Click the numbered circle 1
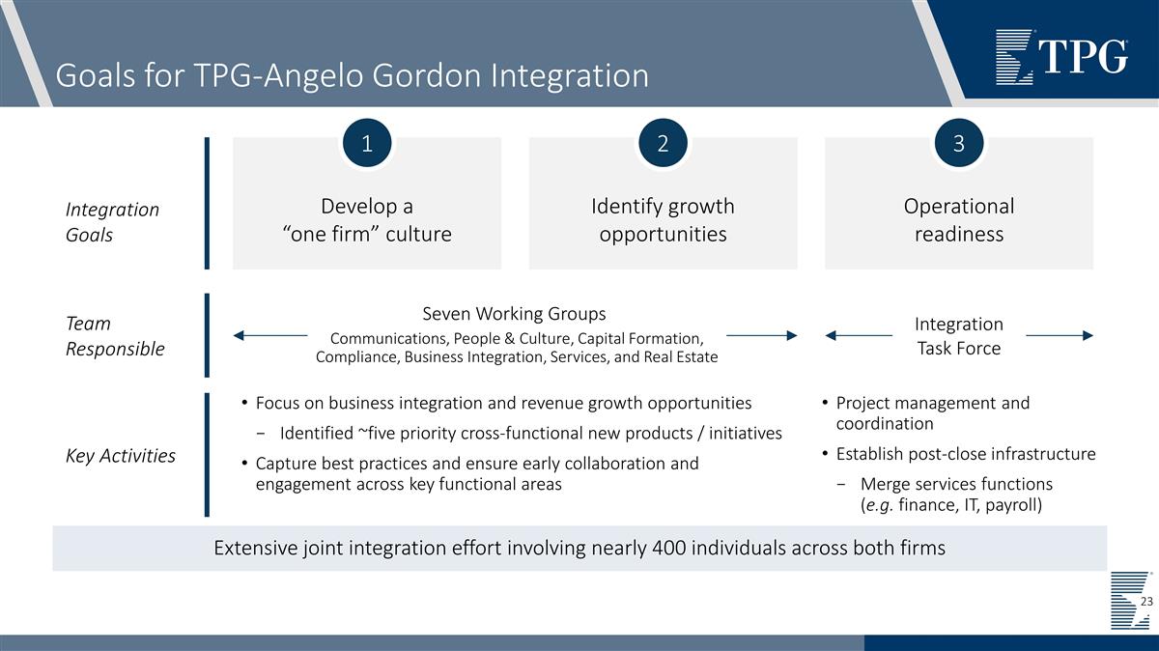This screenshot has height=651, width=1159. coord(367,143)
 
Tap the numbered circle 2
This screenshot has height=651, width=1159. coord(663,143)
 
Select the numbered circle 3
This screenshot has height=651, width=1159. coord(958,143)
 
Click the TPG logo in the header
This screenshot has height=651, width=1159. coord(1061,56)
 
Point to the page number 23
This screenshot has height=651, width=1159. coord(1146,602)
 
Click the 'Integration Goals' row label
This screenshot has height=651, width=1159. coord(112,222)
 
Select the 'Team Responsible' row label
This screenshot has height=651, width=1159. coord(115,336)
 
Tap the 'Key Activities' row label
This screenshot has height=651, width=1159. coord(120,456)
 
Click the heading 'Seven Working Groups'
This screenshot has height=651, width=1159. coord(514,314)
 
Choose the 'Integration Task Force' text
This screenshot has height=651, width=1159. coord(958,336)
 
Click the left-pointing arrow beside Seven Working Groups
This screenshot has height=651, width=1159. coord(270,335)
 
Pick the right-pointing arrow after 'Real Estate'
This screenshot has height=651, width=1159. coord(761,335)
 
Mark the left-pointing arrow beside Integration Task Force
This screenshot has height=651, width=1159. coord(859,335)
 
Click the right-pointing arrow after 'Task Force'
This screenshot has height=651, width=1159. coord(1059,335)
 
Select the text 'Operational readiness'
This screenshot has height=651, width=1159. coord(958,220)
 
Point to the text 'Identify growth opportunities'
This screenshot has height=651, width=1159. coord(663,220)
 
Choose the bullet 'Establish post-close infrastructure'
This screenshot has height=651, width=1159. coord(965,454)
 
